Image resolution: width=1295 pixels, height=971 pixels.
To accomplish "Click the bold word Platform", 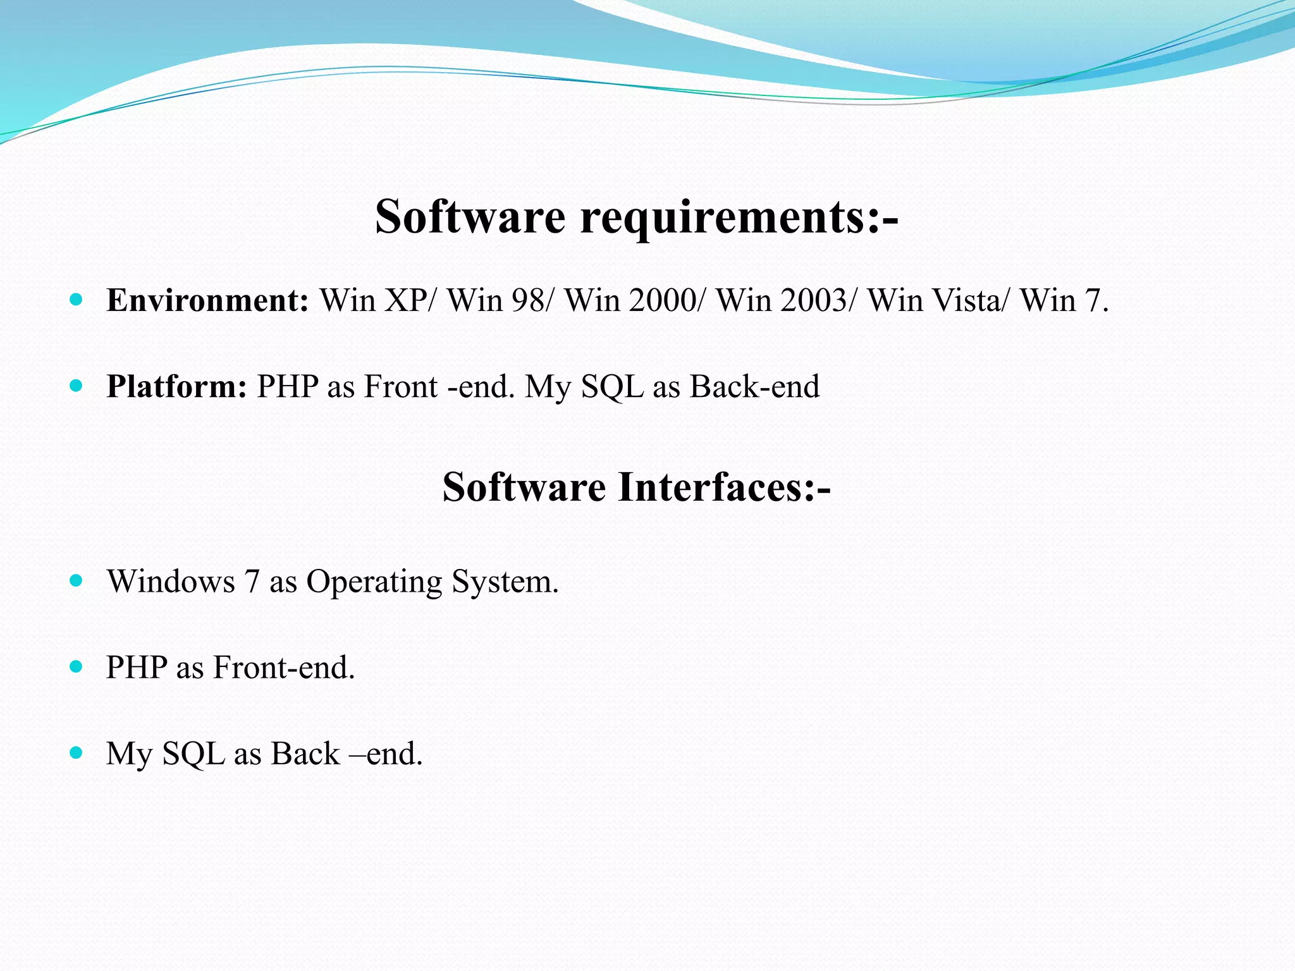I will [x=176, y=386].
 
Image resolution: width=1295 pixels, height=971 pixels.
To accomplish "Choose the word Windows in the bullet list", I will [x=171, y=581].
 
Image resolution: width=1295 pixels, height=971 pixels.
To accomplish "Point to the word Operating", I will [x=374, y=582].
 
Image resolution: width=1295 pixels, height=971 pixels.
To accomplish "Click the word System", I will [x=505, y=582].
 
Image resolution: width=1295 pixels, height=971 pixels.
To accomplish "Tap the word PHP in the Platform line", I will [x=287, y=386].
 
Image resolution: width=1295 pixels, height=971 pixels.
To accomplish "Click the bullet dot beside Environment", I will [x=77, y=300].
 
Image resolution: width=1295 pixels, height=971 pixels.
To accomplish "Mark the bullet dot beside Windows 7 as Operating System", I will [x=77, y=580].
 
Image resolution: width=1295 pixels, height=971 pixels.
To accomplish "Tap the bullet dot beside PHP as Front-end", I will [x=77, y=666].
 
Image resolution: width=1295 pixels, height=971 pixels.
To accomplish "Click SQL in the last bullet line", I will [x=193, y=754].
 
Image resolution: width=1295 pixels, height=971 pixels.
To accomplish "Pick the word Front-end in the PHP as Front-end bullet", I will [x=284, y=668].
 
